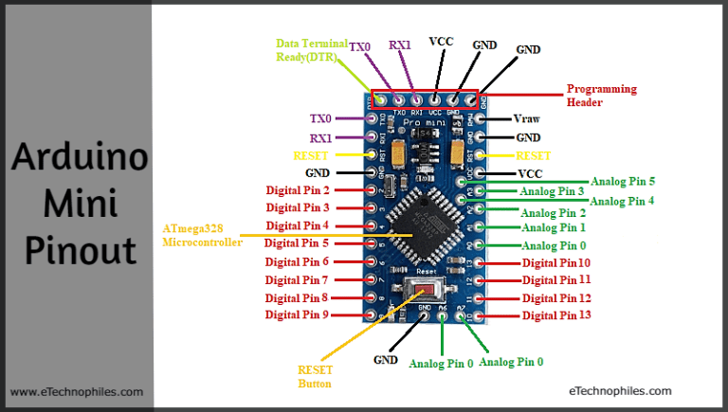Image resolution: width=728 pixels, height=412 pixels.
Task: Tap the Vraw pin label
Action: [x=526, y=118]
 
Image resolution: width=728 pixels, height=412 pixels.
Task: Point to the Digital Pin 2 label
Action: [x=298, y=190]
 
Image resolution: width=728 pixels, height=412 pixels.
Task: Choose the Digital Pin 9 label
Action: [x=297, y=314]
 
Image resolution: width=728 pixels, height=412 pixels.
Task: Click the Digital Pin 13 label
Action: [x=556, y=315]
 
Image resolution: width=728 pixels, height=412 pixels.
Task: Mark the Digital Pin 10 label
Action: [x=556, y=262]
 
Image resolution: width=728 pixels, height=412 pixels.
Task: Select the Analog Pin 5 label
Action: [x=623, y=181]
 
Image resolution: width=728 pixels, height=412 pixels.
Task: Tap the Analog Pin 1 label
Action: [x=554, y=227]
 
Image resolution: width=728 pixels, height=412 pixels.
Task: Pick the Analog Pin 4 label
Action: [x=622, y=201]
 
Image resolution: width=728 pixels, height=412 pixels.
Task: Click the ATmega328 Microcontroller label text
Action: [x=202, y=235]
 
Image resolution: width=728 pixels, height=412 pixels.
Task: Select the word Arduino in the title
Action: [x=79, y=157]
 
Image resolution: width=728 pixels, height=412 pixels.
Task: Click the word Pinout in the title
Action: [x=79, y=251]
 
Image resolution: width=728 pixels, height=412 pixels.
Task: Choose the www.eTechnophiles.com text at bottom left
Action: [x=77, y=391]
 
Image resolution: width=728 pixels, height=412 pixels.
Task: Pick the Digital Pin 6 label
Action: [x=298, y=261]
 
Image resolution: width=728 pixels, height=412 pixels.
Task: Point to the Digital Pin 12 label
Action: [x=556, y=298]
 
